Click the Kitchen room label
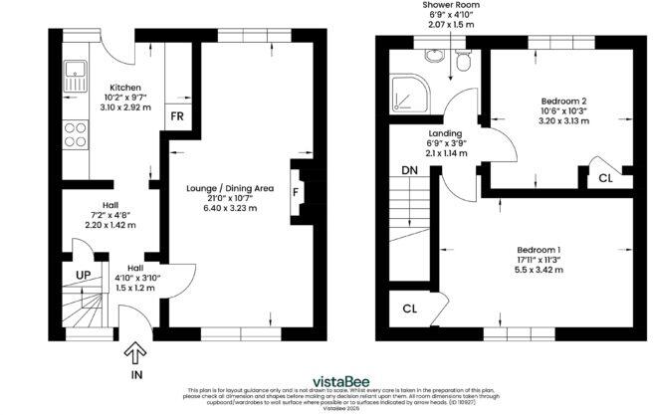coord(125,88)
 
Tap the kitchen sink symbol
coord(75,71)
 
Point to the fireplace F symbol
coord(295,190)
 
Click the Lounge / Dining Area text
coord(230,187)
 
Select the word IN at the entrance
coord(136,374)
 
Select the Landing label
coord(445,133)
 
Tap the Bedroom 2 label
coord(563,101)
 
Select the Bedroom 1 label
coord(538,249)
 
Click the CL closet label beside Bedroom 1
coord(410,308)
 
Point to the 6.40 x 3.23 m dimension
coord(230,208)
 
